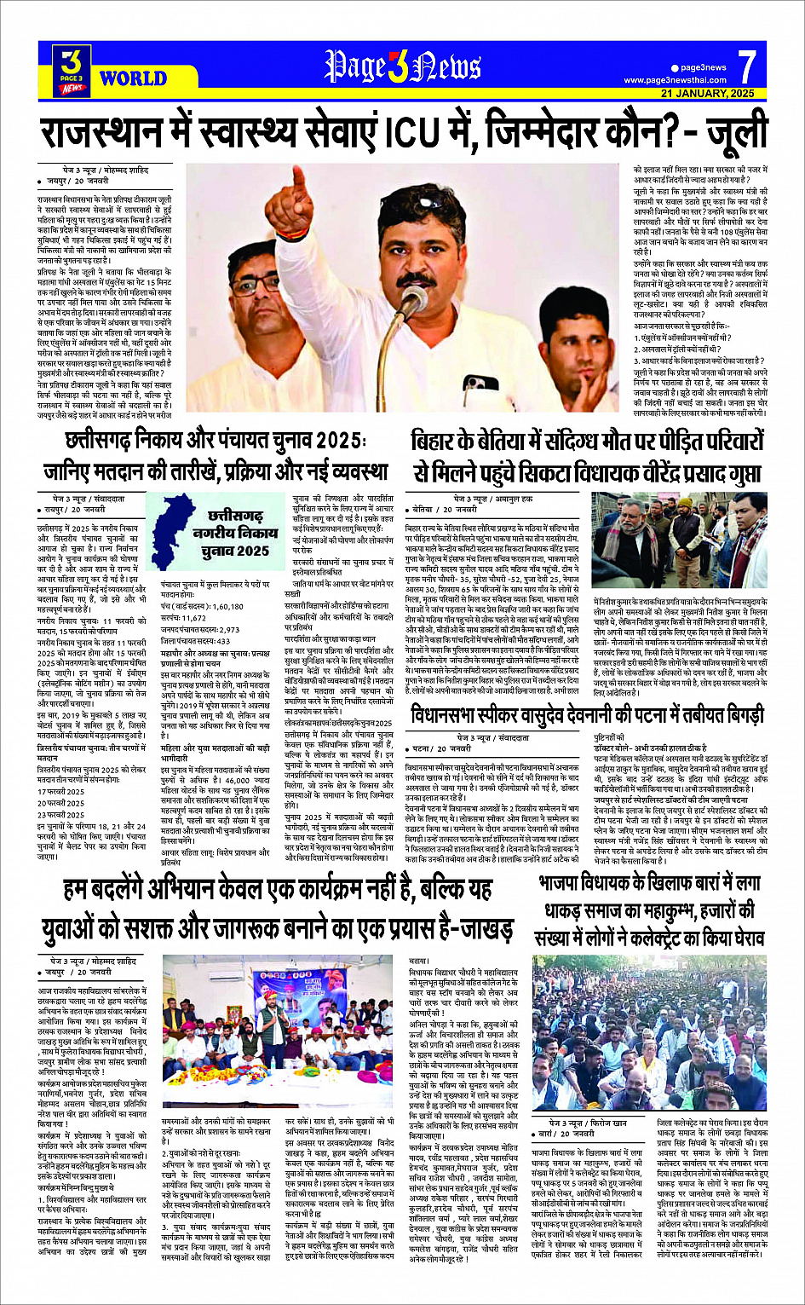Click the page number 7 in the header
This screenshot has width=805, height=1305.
pyautogui.click(x=746, y=66)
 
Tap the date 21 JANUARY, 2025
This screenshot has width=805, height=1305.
pyautogui.click(x=708, y=93)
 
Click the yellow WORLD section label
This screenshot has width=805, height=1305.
pyautogui.click(x=133, y=78)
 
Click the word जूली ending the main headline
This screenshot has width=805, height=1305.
pyautogui.click(x=732, y=134)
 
